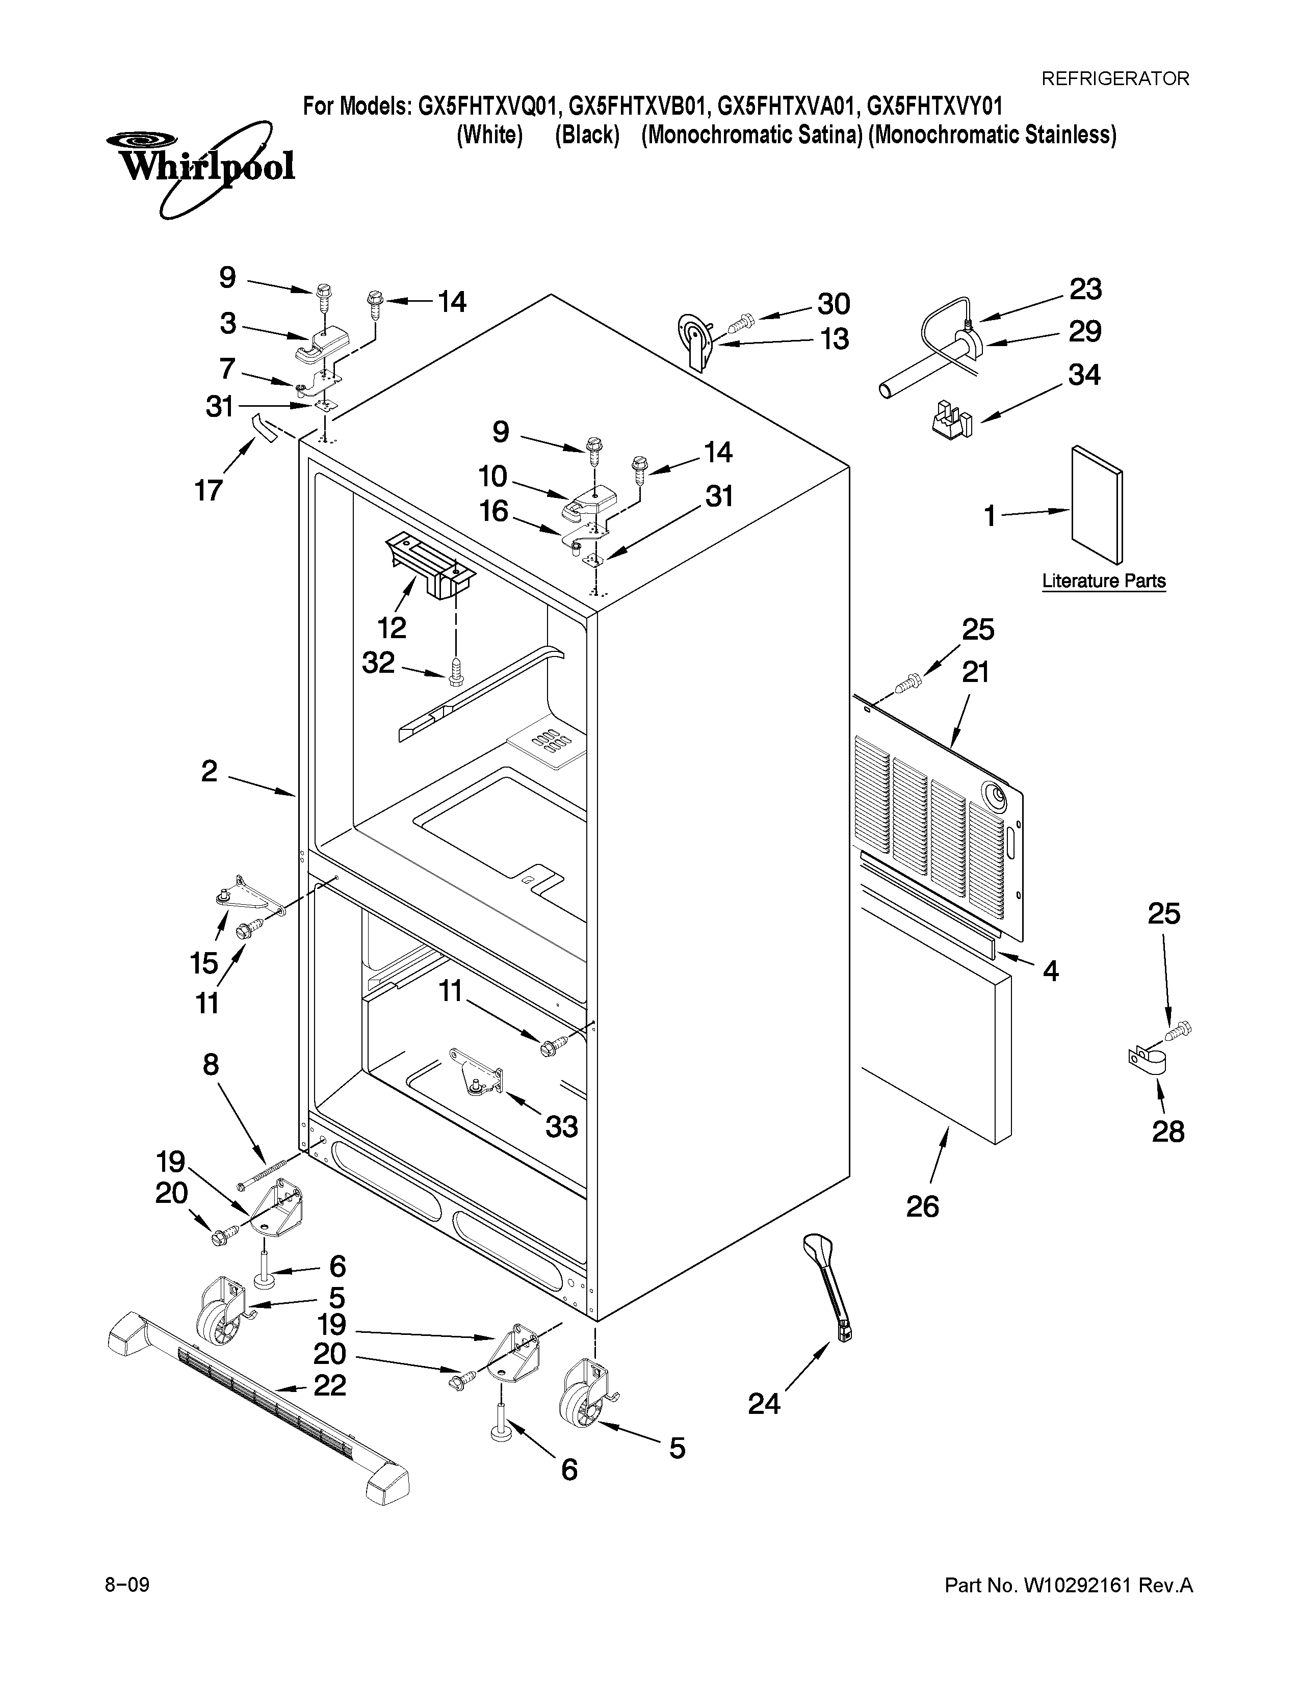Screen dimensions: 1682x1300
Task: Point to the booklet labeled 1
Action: (x=1097, y=505)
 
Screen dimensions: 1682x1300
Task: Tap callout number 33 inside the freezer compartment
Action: (x=561, y=1127)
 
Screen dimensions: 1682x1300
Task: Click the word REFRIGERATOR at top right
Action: (x=1114, y=78)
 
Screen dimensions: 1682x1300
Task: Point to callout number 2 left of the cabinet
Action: (x=210, y=771)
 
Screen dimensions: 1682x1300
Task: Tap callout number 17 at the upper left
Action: (x=209, y=490)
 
